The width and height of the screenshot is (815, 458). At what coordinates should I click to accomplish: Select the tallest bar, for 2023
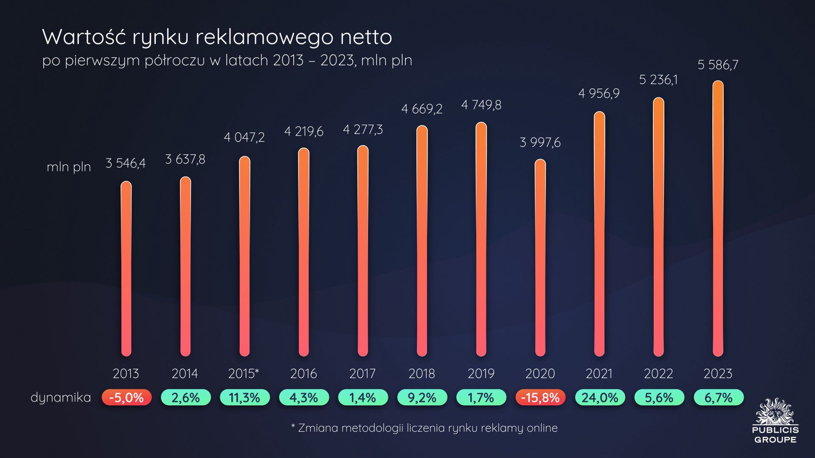[x=718, y=218]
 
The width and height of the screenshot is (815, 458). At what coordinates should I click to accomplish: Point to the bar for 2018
[x=422, y=240]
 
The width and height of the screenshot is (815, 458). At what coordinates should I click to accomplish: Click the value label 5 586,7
[x=718, y=65]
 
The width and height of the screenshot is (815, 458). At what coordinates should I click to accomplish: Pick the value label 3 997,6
[x=540, y=142]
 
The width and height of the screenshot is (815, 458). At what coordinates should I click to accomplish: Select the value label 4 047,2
[x=244, y=137]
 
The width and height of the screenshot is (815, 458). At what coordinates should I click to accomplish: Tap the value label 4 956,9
[x=599, y=93]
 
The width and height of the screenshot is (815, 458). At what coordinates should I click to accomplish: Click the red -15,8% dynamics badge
[x=540, y=398]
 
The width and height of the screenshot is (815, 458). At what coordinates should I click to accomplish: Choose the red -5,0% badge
[x=126, y=398]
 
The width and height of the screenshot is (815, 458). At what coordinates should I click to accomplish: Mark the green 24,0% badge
[x=600, y=398]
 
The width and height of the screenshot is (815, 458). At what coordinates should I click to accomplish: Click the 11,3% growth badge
[x=244, y=398]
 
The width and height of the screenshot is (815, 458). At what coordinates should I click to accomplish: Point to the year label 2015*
[x=244, y=374]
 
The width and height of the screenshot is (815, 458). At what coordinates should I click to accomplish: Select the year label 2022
[x=658, y=374]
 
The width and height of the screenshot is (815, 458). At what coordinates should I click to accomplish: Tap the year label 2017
[x=363, y=374]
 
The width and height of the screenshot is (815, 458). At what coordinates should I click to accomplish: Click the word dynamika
[x=61, y=397]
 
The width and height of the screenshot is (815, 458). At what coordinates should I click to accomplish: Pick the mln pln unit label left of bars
[x=69, y=167]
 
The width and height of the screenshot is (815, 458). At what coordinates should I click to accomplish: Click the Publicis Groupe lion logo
[x=775, y=411]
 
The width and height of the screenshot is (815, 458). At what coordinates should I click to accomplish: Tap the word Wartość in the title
[x=84, y=37]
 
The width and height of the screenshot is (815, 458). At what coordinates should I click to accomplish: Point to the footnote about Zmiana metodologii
[x=424, y=428]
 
